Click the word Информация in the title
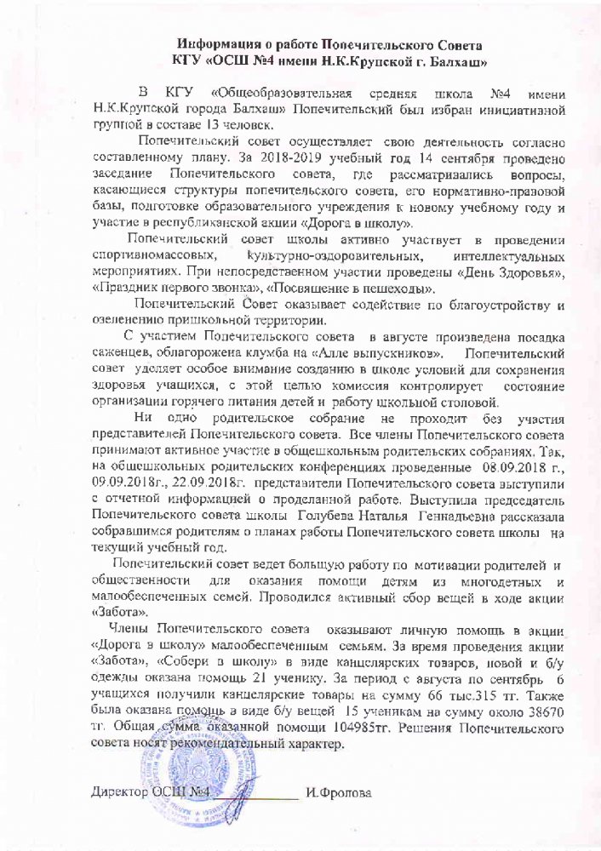(220, 44)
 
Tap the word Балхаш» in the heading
(456, 61)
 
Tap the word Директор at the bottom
(119, 793)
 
